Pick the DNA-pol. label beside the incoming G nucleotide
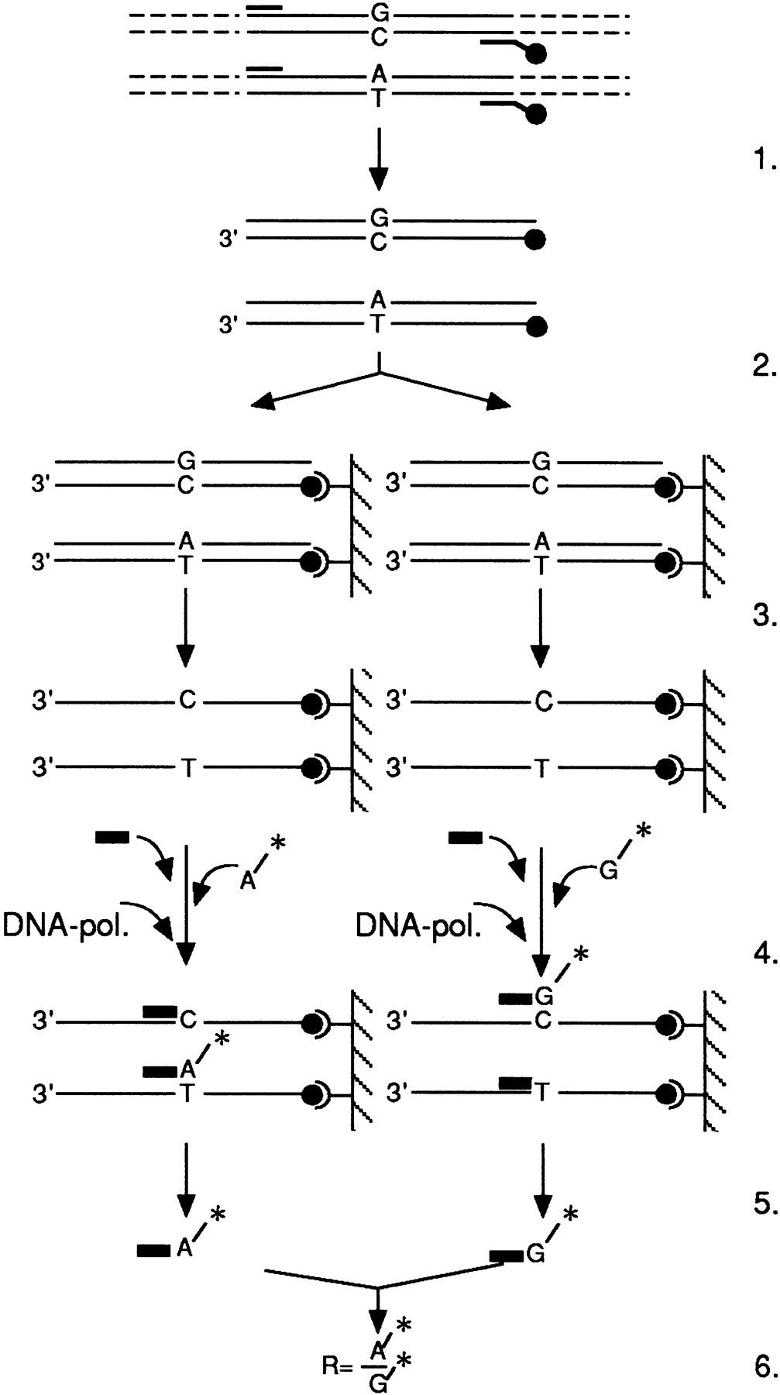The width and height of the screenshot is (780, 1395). tap(418, 925)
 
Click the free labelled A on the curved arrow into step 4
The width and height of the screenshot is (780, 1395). tap(246, 881)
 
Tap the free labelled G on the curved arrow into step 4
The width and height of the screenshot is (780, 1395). tap(610, 873)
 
